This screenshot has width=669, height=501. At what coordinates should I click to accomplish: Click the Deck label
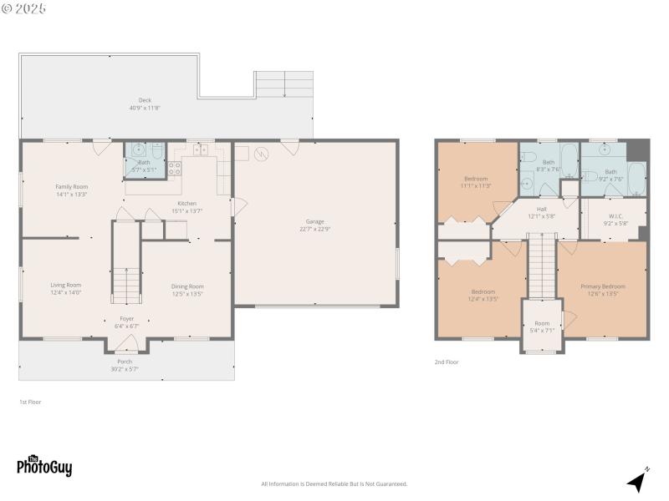[x=145, y=104]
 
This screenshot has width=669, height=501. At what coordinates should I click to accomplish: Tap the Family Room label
[x=71, y=190]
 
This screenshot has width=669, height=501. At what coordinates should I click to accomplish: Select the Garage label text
[x=314, y=225]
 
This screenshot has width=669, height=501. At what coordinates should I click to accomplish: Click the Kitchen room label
[x=186, y=207]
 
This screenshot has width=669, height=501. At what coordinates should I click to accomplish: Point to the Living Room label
[x=65, y=288]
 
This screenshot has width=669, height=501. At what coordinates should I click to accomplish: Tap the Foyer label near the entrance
[x=126, y=321]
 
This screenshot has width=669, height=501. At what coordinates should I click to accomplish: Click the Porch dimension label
[x=124, y=365]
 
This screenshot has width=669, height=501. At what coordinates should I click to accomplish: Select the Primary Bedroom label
[x=602, y=290]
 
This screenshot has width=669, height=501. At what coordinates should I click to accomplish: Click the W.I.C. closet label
[x=617, y=220]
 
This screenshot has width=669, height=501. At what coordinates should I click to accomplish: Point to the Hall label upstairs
[x=541, y=213]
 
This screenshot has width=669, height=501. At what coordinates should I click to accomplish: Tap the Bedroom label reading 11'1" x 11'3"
[x=476, y=182]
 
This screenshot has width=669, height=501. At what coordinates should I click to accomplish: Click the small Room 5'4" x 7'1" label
[x=542, y=326]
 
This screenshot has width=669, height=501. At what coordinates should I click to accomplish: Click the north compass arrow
[x=638, y=480]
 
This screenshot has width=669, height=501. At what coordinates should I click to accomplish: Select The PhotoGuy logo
[x=44, y=466]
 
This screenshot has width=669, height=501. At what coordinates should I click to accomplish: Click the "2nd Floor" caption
[x=447, y=362]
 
